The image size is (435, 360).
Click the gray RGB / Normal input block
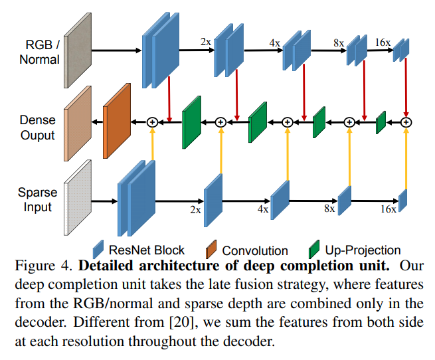tap(76, 50)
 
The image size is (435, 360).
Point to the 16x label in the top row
tap(382, 43)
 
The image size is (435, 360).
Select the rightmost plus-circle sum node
tap(406, 122)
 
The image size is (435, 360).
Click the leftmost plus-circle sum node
tap(152, 122)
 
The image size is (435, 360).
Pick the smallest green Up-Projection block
tap(381, 122)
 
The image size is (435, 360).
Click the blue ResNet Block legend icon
tap(99, 249)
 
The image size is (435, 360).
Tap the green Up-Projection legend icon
tap(314, 250)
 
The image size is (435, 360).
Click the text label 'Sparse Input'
tap(37, 199)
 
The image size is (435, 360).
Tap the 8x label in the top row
tap(339, 43)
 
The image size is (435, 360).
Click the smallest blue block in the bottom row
tap(402, 199)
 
